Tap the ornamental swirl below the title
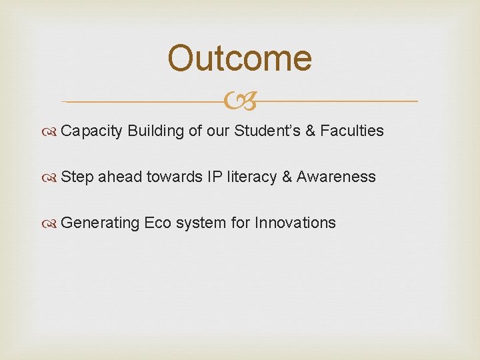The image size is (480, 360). click(240, 102)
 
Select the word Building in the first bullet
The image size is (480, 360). click(155, 131)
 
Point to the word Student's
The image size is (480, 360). click(266, 131)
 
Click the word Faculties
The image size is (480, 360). click(351, 131)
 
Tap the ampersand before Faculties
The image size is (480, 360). click(310, 131)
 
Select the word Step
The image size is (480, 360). click(77, 177)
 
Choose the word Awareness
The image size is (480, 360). click(336, 177)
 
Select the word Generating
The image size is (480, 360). click(100, 223)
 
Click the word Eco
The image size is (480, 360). click(158, 223)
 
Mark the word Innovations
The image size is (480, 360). click(295, 223)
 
